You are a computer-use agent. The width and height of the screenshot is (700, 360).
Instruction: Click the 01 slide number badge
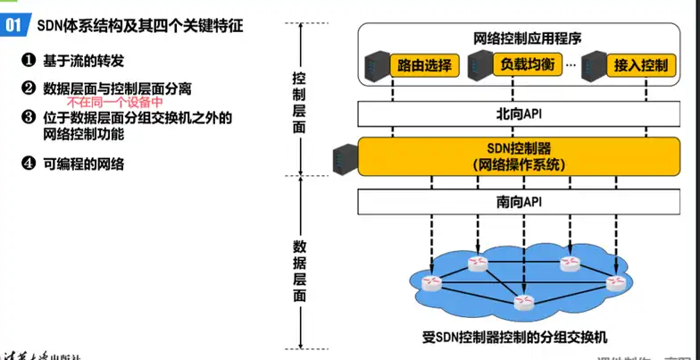coord(13,25)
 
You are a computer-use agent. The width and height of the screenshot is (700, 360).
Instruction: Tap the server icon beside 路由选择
coord(376,65)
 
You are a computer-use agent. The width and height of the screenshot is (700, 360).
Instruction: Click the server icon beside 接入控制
coord(591,65)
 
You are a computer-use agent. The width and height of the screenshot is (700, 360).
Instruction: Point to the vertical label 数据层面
coord(301,267)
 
